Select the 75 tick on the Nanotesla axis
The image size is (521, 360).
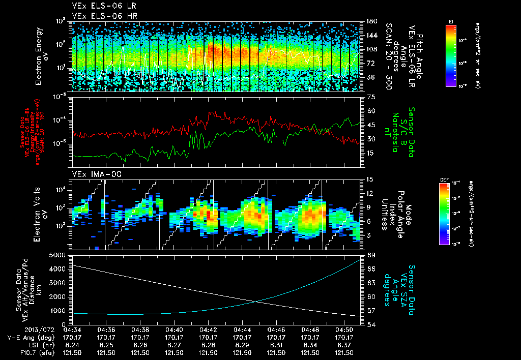(x=370, y=97)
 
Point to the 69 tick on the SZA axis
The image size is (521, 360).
(x=370, y=254)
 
